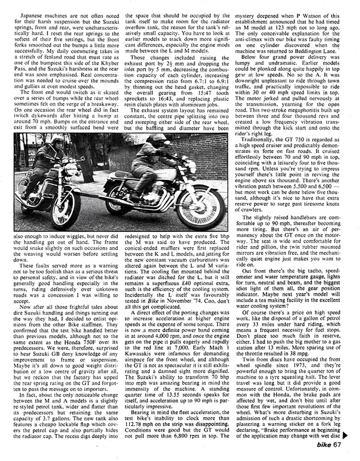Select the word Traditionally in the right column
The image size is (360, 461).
click(x=259, y=140)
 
